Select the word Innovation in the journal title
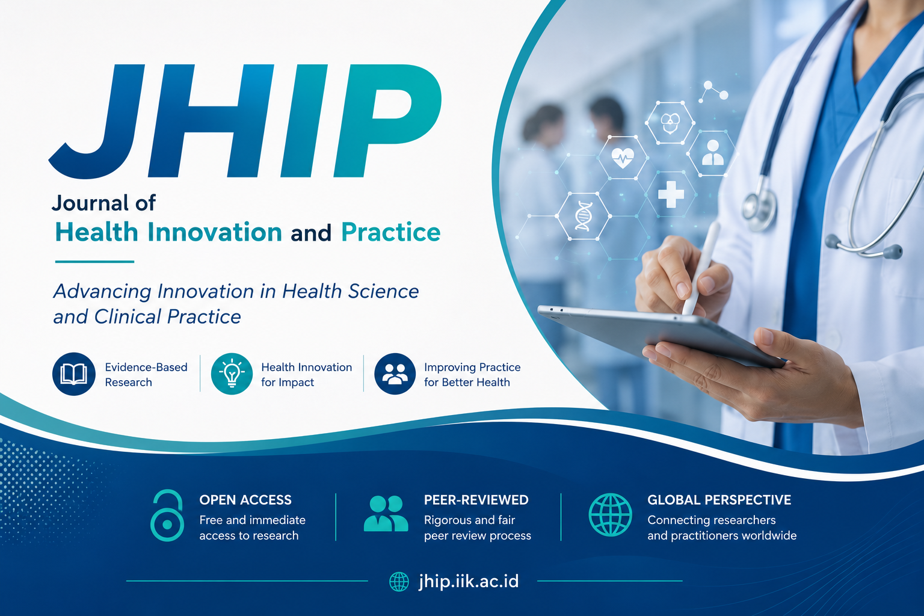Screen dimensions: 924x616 click(x=215, y=232)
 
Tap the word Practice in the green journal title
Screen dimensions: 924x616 click(x=390, y=232)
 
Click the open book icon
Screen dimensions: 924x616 click(x=74, y=374)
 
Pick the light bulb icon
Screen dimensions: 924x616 click(x=232, y=374)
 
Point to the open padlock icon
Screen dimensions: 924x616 click(x=167, y=516)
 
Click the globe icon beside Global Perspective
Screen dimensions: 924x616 click(x=610, y=515)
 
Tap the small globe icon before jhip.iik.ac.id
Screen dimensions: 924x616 click(x=399, y=582)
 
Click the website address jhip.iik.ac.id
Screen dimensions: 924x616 click(x=469, y=581)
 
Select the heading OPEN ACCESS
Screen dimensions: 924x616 click(x=245, y=500)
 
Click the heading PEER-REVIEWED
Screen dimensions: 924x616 click(x=476, y=500)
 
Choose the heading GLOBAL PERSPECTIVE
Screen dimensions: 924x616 click(x=719, y=500)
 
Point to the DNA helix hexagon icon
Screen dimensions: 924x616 click(x=584, y=216)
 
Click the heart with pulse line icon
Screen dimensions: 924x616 click(x=623, y=158)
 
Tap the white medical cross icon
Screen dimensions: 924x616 click(x=671, y=194)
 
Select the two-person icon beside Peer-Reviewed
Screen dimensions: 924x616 click(x=386, y=514)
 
